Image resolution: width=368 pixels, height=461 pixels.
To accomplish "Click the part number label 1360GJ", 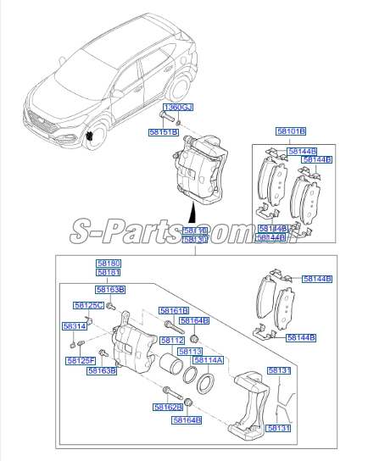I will pyautogui.click(x=179, y=108).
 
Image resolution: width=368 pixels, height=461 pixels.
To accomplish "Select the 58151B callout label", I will pyautogui.click(x=163, y=133).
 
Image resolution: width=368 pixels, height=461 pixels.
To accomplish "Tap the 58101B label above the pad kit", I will pyautogui.click(x=290, y=131).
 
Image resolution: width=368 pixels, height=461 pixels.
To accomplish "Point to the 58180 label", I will pyautogui.click(x=108, y=264).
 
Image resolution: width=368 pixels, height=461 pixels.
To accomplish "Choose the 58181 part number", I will pyautogui.click(x=108, y=273).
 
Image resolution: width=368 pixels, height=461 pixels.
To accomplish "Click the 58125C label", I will pyautogui.click(x=87, y=305).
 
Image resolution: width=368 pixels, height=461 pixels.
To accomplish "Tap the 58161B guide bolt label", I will pyautogui.click(x=174, y=311).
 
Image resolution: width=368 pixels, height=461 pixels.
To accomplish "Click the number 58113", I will pyautogui.click(x=190, y=351).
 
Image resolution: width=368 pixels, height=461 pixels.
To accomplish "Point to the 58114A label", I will pyautogui.click(x=208, y=360).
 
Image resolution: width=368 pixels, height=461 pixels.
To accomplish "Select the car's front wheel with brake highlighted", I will pyautogui.click(x=92, y=136).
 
